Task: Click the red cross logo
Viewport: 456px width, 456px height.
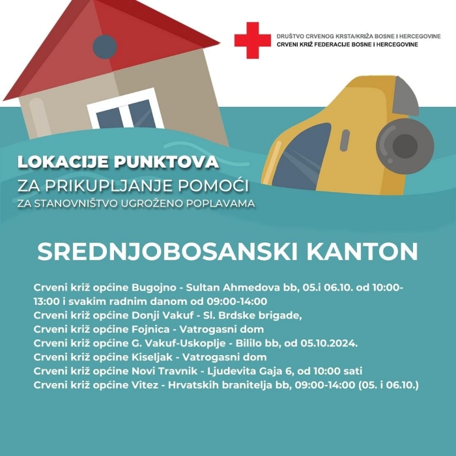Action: point(252,40)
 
